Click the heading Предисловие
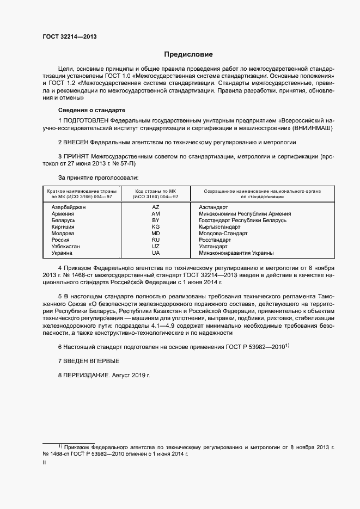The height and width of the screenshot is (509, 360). coord(189,54)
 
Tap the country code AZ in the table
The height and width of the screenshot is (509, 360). coord(156,207)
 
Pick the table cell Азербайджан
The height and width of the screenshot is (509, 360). coord(69,207)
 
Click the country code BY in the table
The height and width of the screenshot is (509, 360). coord(156,220)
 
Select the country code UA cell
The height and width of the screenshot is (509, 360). coord(156,253)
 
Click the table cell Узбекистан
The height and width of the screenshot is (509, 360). coord(65,247)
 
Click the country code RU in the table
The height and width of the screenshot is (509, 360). coord(156,240)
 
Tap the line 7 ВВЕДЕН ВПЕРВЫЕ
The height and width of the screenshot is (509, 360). coord(88,361)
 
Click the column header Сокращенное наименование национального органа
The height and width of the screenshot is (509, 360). coord(262,192)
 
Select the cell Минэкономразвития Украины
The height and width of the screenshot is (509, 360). coord(236,253)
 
